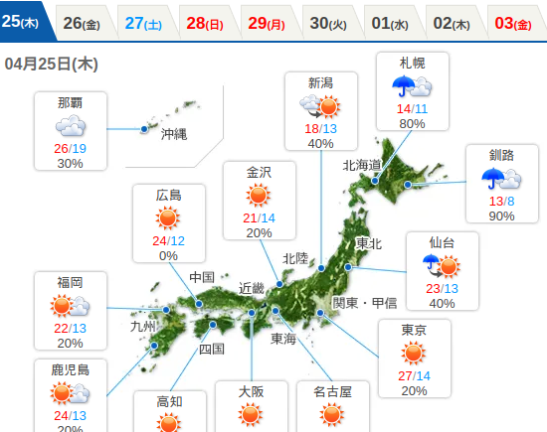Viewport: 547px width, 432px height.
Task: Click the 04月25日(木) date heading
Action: point(52,64)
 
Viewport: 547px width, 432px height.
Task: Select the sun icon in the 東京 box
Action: point(414,354)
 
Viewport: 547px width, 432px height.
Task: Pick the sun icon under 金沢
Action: point(260,195)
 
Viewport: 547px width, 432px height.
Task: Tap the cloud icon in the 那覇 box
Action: point(70,126)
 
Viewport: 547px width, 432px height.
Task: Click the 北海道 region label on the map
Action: point(362,165)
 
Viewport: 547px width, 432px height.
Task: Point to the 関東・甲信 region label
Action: point(365,303)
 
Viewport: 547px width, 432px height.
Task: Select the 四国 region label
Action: point(212,349)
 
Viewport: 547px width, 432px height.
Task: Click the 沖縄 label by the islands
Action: point(174,134)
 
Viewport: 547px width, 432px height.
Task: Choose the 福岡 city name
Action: point(70,282)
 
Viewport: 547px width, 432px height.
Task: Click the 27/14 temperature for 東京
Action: point(414,375)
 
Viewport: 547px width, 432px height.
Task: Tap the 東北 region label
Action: point(368,243)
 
